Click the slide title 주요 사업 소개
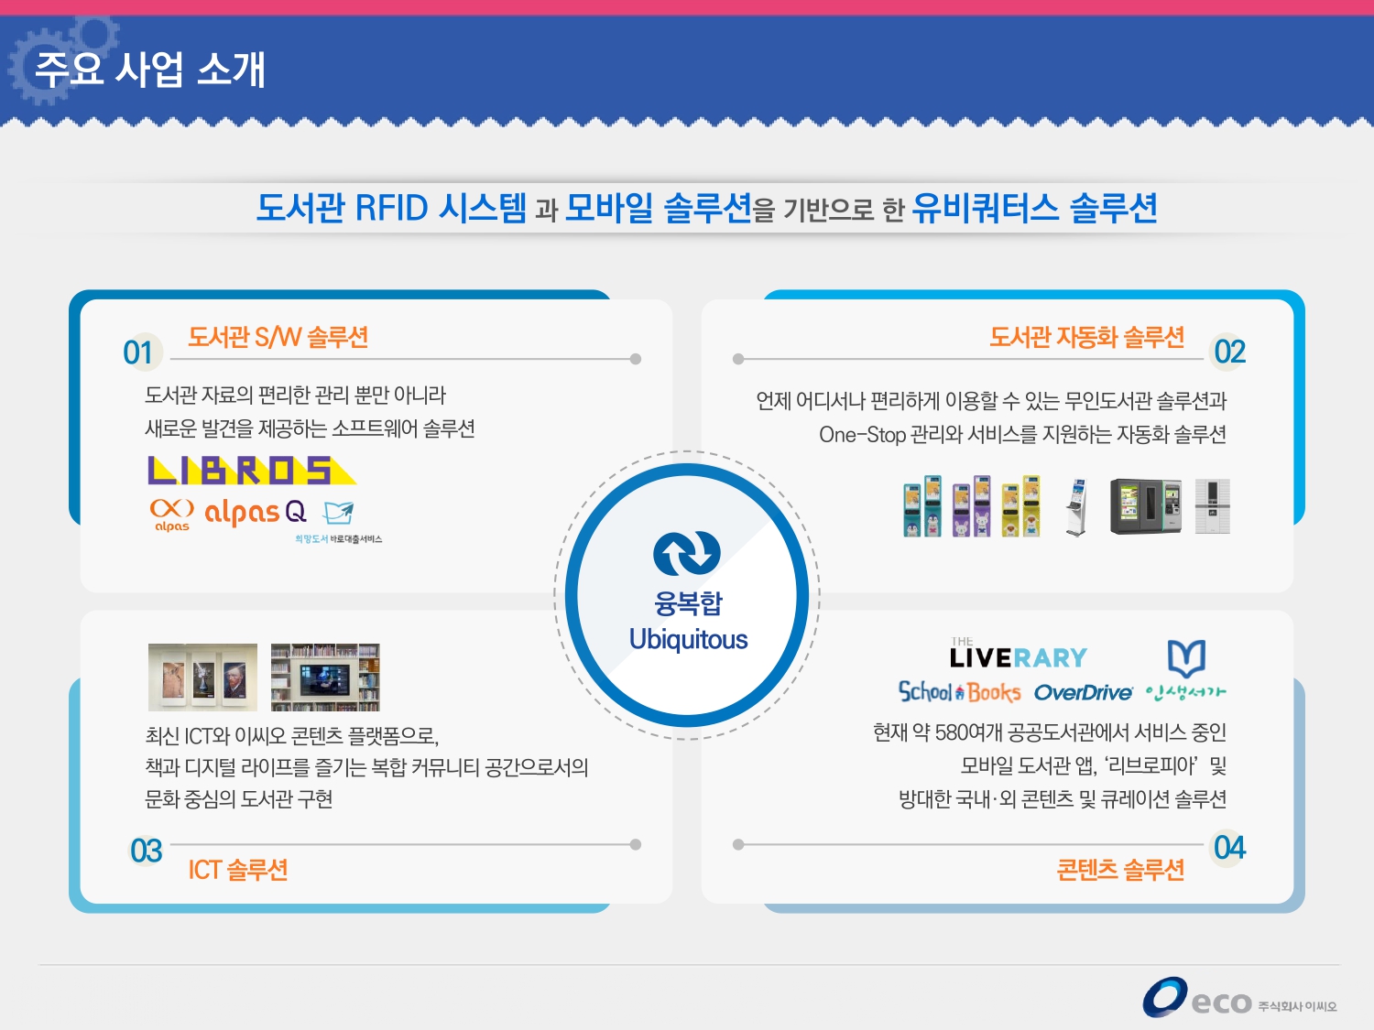click(x=149, y=70)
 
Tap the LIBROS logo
click(x=250, y=471)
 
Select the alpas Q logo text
click(x=254, y=512)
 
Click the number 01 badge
click(x=138, y=352)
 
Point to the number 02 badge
click(x=1229, y=352)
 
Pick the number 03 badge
click(x=146, y=851)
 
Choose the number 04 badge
click(x=1229, y=848)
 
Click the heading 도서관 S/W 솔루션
click(x=278, y=338)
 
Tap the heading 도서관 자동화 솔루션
click(x=1086, y=338)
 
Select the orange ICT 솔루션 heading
click(x=238, y=869)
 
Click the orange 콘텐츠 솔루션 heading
click(x=1120, y=869)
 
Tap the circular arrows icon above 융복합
click(x=687, y=553)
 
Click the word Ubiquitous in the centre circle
click(x=688, y=639)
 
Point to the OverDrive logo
click(x=1083, y=693)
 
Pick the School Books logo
click(x=959, y=692)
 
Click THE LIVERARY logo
click(x=1018, y=656)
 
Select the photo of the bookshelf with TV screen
click(x=325, y=678)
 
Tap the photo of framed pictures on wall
click(x=202, y=678)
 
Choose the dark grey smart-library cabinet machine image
click(x=1145, y=506)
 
